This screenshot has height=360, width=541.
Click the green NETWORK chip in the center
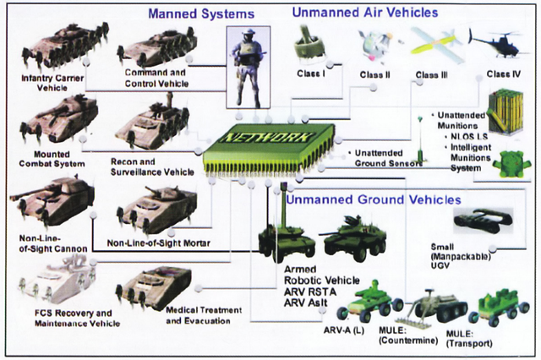pos(269,148)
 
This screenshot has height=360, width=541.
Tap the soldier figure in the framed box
pos(248,68)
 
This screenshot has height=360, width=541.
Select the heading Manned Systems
pos(201,14)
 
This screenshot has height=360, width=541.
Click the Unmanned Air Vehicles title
pos(365,13)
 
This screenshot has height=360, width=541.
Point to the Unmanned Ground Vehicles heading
pos(374,199)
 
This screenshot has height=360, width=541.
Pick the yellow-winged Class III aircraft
pos(435,45)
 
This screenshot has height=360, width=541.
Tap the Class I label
pos(311,74)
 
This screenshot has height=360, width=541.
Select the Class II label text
pos(374,75)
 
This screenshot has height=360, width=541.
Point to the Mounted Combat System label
pos(52,159)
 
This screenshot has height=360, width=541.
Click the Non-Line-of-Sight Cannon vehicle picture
pos(52,203)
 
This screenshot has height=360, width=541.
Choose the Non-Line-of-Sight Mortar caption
pos(158,243)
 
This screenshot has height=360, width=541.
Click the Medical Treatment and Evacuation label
pos(204,315)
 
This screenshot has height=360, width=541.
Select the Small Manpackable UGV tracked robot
pos(483,221)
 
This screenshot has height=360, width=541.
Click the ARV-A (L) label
pos(344,330)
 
